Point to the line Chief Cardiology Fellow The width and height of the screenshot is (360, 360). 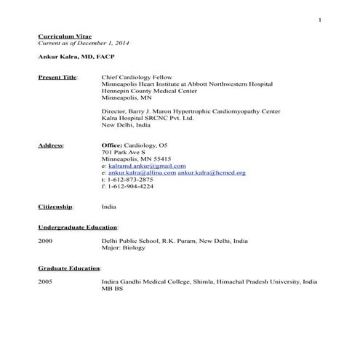pyautogui.click(x=136, y=76)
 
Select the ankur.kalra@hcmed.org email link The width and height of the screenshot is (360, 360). pyautogui.click(x=212, y=172)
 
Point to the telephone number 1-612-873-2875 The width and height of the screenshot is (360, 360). pyautogui.click(x=130, y=179)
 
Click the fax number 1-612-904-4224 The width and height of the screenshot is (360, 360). pyautogui.click(x=130, y=186)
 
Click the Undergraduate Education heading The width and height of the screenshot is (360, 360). pyautogui.click(x=77, y=227)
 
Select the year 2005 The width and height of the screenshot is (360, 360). pyautogui.click(x=45, y=281)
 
